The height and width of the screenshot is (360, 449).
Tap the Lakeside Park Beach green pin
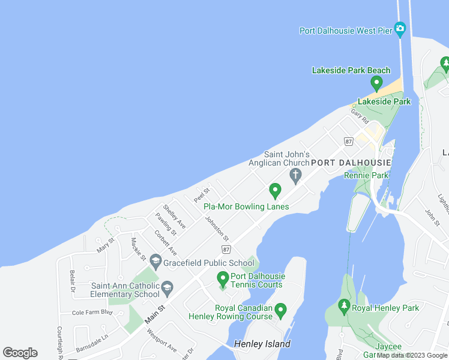377,83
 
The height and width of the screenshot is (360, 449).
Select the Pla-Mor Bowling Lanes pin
276,191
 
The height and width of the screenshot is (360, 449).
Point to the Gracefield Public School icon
155,262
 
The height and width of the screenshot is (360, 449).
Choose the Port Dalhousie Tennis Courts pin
223,279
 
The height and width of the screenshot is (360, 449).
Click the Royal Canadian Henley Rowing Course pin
280,311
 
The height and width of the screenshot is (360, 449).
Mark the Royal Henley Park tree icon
344,307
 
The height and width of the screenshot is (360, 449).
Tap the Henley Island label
262,344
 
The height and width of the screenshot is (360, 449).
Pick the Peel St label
200,195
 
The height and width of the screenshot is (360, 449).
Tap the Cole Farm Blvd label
92,312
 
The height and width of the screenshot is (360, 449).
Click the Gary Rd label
360,115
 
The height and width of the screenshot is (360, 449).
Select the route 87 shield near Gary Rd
349,141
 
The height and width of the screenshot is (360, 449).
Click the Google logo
20,353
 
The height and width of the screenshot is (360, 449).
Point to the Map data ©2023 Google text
412,355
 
